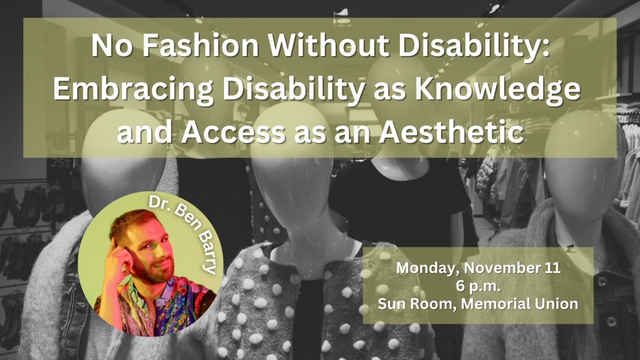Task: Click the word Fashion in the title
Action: point(200,45)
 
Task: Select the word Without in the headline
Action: point(329,45)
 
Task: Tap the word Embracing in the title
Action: point(133,90)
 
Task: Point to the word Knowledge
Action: point(498,90)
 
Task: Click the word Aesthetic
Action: point(451,132)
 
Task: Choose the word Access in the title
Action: point(233,132)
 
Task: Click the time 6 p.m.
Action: point(478,286)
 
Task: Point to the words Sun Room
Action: point(417,303)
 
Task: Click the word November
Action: point(505,268)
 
